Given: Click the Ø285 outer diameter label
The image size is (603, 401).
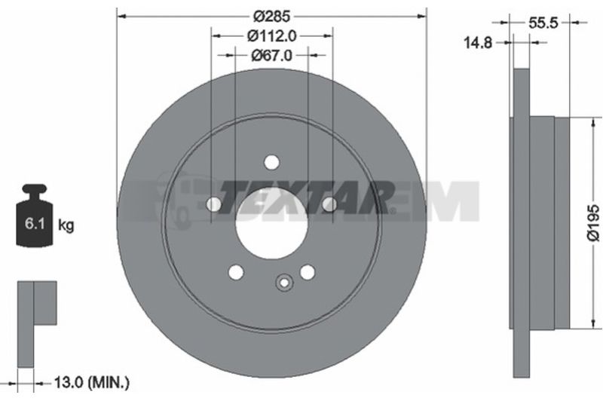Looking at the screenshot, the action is [271, 16].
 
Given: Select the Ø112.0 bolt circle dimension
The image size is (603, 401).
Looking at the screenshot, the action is [271, 36].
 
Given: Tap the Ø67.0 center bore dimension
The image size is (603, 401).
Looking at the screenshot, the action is [271, 56].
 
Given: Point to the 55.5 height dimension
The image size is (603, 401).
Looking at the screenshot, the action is [543, 23].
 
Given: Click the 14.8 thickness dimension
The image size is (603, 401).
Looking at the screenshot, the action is [478, 43].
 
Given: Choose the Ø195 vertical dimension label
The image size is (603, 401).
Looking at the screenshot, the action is [593, 223].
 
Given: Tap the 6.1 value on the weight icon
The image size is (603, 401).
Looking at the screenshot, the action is [35, 223].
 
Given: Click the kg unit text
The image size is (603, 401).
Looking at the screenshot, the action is [66, 225].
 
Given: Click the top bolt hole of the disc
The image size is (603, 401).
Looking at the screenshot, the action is [272, 162].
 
